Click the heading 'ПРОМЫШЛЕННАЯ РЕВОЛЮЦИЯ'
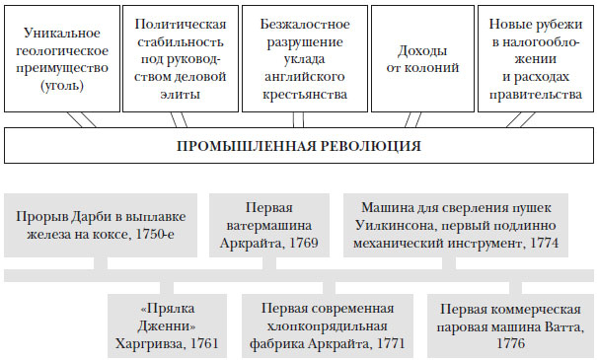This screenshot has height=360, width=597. tap(298, 146)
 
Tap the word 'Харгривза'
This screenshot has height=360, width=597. tap(148, 345)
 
